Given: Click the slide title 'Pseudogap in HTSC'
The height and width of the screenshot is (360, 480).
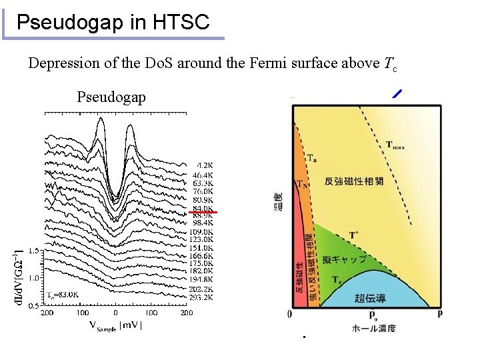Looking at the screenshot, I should pyautogui.click(x=113, y=23).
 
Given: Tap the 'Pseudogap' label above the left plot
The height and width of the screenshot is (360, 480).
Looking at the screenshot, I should pyautogui.click(x=111, y=97).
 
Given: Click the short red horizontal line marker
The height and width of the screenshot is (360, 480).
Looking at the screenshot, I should pyautogui.click(x=203, y=211).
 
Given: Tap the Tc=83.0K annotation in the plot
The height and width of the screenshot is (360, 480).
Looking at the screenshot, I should pyautogui.click(x=63, y=294).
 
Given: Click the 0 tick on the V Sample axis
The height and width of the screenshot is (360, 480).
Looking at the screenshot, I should pyautogui.click(x=115, y=312).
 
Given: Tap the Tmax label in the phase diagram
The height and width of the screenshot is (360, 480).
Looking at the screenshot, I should pyautogui.click(x=398, y=145).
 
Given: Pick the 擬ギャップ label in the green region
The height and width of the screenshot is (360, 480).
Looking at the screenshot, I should pyautogui.click(x=344, y=259).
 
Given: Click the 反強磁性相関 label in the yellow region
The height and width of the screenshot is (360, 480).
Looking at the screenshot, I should pyautogui.click(x=353, y=181).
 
